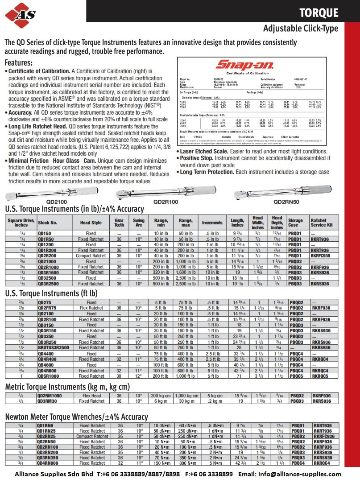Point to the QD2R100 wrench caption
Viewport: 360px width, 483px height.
click(166, 202)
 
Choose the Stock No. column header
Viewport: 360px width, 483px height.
click(48, 223)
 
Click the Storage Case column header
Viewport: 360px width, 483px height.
click(295, 223)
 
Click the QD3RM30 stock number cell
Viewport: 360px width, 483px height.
click(47, 401)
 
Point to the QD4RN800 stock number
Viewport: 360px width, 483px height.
click(47, 463)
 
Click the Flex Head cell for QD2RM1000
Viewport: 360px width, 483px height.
click(91, 396)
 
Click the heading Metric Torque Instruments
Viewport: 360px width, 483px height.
click(67, 386)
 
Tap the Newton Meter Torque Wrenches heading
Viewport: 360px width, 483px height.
click(76, 417)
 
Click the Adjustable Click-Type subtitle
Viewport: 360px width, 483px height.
click(300, 29)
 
